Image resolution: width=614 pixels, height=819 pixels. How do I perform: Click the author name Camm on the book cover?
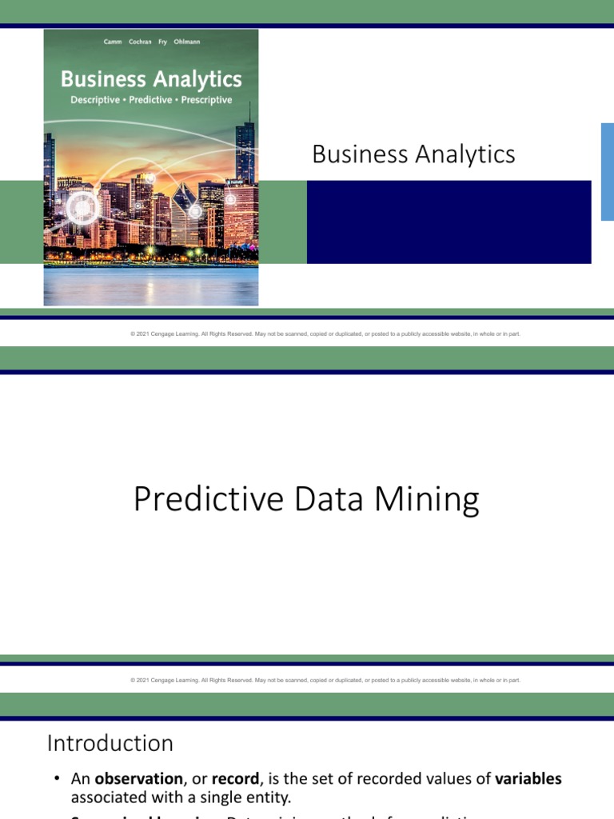[113, 42]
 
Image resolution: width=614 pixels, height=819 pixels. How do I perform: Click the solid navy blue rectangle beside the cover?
[449, 222]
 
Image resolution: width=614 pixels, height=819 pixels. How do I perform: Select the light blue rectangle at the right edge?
[607, 171]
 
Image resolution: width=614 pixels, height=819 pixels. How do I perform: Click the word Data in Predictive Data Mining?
[321, 500]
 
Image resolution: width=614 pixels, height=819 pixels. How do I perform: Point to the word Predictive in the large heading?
[209, 500]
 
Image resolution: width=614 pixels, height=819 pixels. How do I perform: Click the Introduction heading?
[110, 743]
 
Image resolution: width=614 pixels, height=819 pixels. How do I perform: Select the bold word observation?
[139, 779]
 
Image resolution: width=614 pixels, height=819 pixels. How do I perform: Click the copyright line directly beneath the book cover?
[325, 334]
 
